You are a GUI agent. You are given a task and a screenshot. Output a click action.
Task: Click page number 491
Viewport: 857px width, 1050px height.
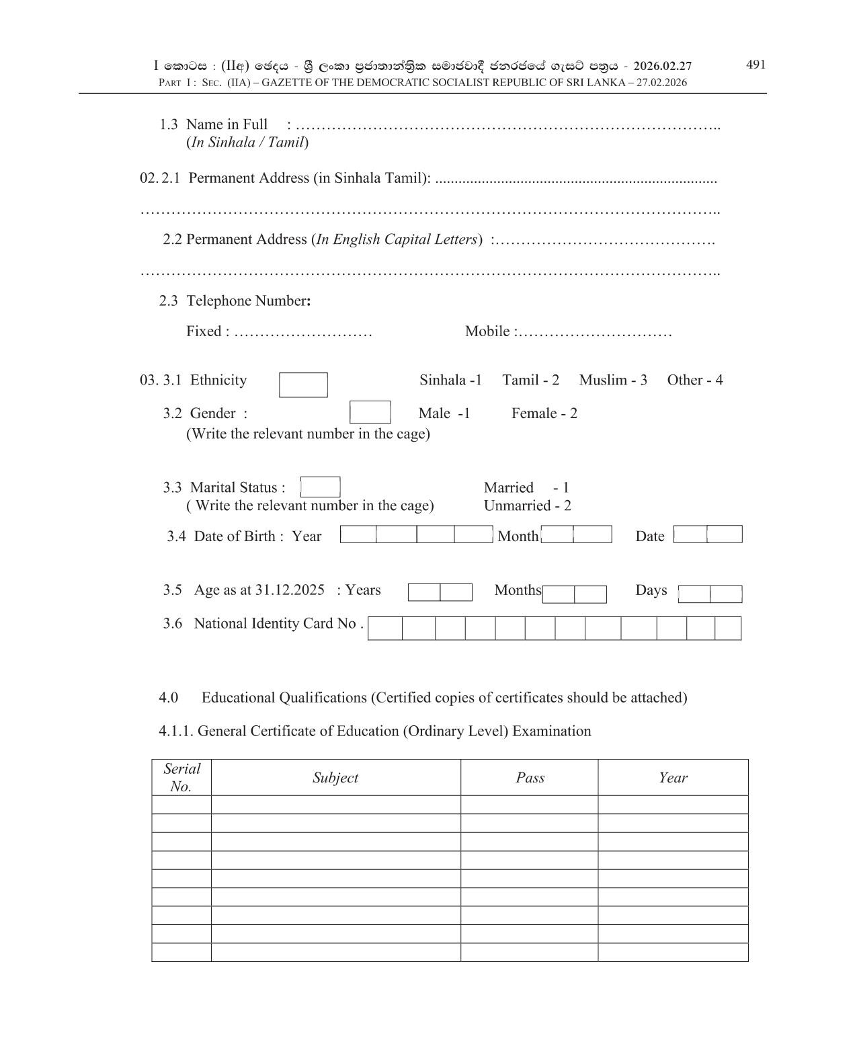point(756,65)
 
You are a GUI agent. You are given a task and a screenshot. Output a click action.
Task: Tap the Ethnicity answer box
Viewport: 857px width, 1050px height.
point(303,385)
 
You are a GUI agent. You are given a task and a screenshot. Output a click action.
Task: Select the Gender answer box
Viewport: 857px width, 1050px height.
point(370,412)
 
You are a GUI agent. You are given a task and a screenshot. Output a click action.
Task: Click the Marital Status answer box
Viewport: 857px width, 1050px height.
point(321,487)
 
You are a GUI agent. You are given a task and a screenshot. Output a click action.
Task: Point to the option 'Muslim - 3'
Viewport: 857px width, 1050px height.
point(613,380)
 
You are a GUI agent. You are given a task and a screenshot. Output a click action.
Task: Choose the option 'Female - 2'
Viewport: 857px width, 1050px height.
point(544,413)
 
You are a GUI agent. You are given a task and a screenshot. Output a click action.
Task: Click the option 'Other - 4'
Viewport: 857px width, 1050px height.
point(694,380)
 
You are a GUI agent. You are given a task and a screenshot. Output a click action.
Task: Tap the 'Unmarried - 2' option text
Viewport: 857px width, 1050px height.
point(527,506)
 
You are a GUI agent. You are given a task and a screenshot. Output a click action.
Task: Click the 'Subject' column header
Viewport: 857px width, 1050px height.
point(335,778)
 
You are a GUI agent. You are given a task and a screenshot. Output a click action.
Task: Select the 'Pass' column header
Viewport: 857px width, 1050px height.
point(530,778)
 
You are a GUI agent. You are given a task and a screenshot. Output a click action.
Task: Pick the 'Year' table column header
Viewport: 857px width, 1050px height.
point(673,778)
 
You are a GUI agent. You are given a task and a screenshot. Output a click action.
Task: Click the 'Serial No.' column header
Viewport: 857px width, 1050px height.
point(181,778)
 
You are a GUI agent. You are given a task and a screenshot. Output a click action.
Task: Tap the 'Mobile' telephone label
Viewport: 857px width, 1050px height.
point(487,331)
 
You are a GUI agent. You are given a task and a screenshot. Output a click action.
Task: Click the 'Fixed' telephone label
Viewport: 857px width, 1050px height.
point(204,331)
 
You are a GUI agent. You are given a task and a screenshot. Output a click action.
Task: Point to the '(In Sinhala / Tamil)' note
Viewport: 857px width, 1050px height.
point(247,143)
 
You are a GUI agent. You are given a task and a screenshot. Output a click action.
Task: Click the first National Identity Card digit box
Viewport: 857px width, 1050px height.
point(385,629)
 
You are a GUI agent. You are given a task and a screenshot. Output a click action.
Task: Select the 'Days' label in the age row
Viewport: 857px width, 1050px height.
point(651,590)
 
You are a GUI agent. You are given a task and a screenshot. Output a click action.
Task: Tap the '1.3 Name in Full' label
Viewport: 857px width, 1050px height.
point(213,124)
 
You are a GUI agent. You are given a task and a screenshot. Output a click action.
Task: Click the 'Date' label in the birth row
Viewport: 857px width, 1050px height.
point(649,536)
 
